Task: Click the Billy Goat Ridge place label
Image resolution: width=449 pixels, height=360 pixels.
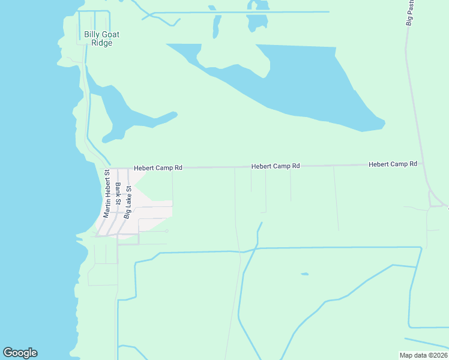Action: tap(101, 38)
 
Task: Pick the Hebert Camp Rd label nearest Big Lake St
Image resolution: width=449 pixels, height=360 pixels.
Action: tap(157, 168)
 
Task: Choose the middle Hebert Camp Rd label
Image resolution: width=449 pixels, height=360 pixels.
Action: tap(275, 166)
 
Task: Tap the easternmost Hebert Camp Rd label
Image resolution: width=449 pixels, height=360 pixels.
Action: tap(393, 164)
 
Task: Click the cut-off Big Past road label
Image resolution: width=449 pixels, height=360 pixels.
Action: tap(410, 13)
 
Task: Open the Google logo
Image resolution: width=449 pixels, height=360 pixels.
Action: tap(20, 353)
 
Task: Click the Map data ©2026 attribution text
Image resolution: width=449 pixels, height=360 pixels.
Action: tap(423, 355)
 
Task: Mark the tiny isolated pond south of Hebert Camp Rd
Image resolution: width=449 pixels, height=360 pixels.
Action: tap(305, 274)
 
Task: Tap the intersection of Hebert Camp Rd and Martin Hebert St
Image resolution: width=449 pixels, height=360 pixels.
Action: tap(110, 169)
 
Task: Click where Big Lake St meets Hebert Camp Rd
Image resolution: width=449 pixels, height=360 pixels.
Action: tap(127, 169)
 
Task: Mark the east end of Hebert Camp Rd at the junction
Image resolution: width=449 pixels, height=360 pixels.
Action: tap(424, 163)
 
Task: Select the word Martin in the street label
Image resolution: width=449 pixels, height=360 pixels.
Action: tap(106, 208)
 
